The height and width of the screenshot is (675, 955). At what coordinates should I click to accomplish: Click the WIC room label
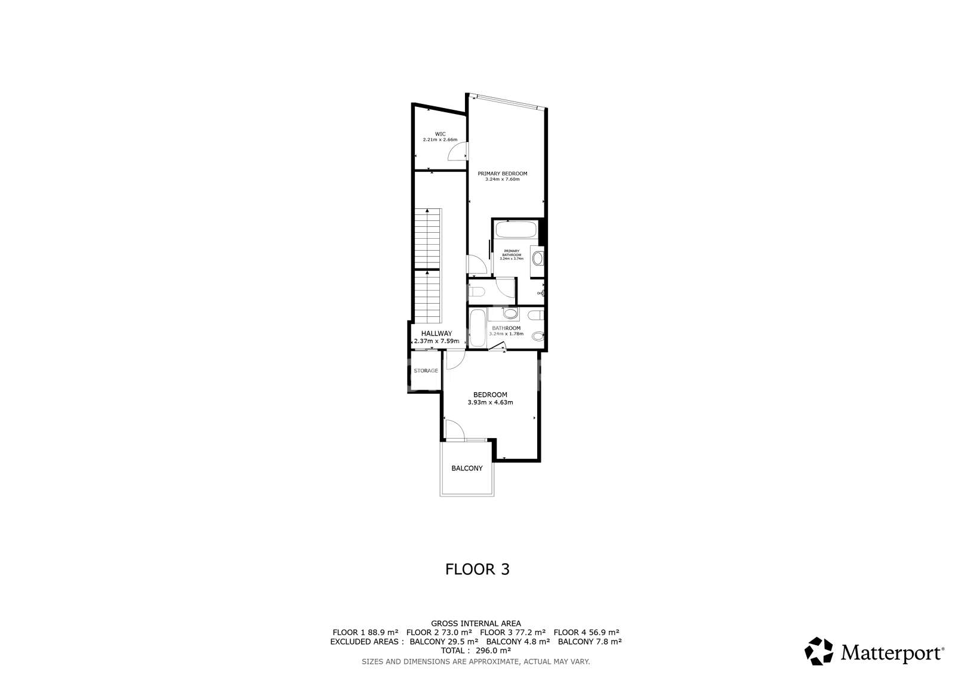coord(440,134)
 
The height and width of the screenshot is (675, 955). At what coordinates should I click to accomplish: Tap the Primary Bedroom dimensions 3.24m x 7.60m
coord(502,179)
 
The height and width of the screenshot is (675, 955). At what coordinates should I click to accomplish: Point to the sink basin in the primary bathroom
coord(537,258)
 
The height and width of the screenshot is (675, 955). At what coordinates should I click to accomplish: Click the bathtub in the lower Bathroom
coord(477,328)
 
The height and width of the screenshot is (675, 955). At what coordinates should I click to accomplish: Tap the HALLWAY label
coord(436,334)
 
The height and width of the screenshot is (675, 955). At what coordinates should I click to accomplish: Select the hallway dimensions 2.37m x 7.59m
coord(436,341)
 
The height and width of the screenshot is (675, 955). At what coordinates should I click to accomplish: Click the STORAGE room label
coord(426,371)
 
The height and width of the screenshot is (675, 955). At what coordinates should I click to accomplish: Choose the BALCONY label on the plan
coord(467,469)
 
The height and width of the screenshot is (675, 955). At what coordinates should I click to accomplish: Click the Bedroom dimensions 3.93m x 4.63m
coord(490,402)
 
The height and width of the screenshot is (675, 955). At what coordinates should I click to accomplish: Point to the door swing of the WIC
coord(457,153)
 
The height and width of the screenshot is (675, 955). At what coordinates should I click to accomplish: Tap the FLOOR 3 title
coord(478,569)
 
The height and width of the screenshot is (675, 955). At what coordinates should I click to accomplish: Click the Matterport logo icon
coord(820,651)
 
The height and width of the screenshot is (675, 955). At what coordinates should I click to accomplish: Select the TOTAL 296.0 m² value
coord(477,651)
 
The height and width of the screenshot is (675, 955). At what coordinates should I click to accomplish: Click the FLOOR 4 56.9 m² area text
coord(586,632)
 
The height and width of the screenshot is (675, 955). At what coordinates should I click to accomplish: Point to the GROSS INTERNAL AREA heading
coord(477,623)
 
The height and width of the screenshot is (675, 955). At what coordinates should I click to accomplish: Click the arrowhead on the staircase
coord(427,211)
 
